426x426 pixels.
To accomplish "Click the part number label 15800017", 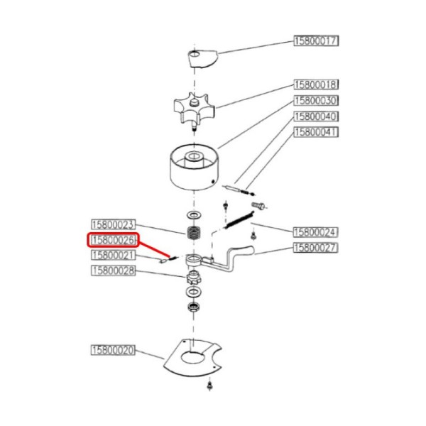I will pos(316,41).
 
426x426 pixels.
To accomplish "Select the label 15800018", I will pos(316,84).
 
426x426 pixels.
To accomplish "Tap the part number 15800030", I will pos(316,100).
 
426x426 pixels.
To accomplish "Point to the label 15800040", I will pos(316,116).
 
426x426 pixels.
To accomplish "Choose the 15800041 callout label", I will pos(316,131).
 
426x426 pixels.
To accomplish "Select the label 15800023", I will pos(113,224).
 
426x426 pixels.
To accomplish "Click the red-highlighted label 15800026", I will pos(113,241).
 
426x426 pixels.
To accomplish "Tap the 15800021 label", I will pos(113,255).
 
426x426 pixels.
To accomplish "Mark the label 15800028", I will pos(113,271).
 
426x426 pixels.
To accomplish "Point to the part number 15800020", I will pos(113,350).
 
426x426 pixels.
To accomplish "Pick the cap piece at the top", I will pos(203,58).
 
